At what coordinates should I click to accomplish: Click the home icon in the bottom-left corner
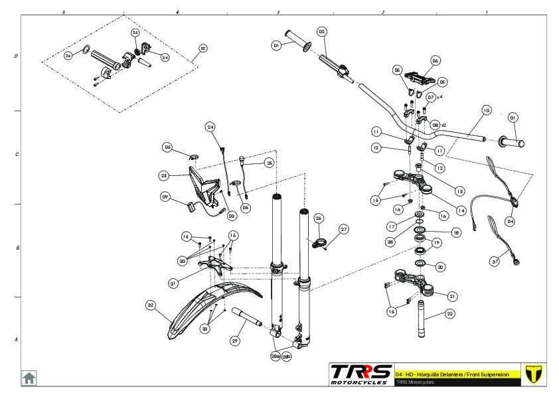pos(29,377)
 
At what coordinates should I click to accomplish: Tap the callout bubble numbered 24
pos(210,127)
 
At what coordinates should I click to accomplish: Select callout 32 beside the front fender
pos(151,305)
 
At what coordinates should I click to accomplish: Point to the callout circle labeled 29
pos(235,341)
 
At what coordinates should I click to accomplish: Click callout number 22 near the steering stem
pos(450,314)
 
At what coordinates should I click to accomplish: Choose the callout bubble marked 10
pos(486,110)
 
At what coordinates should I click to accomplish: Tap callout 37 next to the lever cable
pos(495,262)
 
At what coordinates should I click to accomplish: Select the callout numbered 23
pos(164,176)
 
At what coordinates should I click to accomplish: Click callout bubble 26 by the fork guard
pos(318,218)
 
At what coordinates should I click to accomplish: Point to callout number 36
pos(68,56)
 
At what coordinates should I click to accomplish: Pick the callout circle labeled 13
pos(441,181)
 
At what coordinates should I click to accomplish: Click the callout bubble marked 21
pos(452,296)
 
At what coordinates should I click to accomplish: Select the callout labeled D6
pos(436,60)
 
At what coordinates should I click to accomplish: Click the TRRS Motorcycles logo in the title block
pos(360,373)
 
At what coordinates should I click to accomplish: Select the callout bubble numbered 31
pos(173,283)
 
